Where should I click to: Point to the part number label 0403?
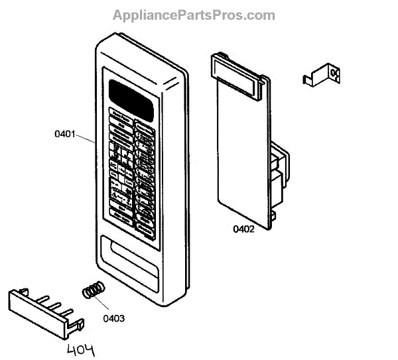(x=113, y=318)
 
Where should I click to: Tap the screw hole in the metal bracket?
(x=332, y=74)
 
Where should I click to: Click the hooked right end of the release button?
(x=79, y=326)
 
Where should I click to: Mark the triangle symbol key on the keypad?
(x=117, y=196)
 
